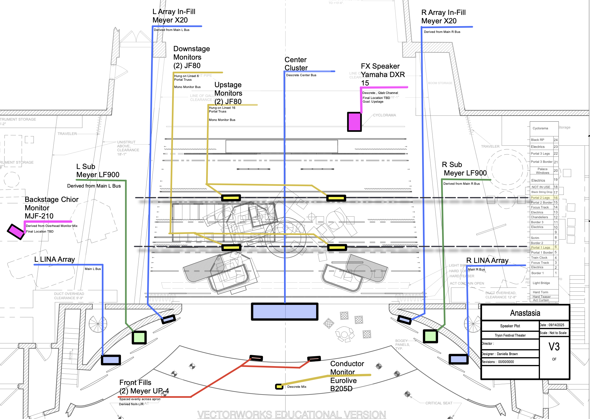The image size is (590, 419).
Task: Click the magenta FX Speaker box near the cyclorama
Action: tap(354, 122)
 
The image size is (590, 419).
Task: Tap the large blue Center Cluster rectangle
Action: tap(285, 312)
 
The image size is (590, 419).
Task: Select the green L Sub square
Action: tap(139, 337)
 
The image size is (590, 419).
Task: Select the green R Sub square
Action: tap(430, 336)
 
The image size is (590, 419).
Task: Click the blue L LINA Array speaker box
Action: tap(111, 360)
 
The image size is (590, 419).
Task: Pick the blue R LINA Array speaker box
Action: tap(458, 359)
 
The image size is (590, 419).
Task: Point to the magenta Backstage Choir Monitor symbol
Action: tap(16, 231)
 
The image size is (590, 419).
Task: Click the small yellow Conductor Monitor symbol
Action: tap(279, 387)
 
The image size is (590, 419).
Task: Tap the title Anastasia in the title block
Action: tap(525, 313)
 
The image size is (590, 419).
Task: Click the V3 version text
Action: tap(554, 347)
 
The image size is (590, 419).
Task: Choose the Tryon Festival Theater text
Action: tap(510, 335)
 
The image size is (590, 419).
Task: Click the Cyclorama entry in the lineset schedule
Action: tap(540, 128)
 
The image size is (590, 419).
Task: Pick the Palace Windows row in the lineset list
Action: tap(542, 171)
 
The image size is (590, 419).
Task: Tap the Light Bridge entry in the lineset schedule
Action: tap(541, 283)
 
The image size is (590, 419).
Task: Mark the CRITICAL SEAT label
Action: tap(439, 403)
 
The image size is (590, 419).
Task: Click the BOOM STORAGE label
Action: tap(440, 83)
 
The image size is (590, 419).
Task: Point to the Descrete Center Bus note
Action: tap(301, 75)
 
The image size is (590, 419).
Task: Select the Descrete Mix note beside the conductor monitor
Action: tap(297, 387)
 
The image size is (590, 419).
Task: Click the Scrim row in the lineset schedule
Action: tap(535, 238)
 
